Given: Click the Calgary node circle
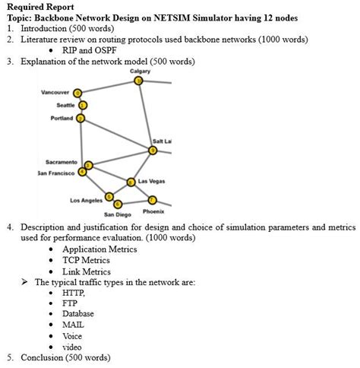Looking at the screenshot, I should point(138,80).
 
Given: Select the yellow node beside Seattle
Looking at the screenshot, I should point(83,106).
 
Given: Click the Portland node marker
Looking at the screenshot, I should point(81,119).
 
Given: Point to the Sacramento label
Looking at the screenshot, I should point(61,162).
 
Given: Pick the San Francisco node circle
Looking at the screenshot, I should point(83,172).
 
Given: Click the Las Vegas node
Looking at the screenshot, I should point(131,182).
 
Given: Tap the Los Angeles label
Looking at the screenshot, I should point(87,200).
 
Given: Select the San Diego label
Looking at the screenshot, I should point(118,215).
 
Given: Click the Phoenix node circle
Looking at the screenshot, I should point(152,199).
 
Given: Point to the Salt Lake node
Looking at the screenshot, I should point(153,151).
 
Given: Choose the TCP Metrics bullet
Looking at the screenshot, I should point(86,260).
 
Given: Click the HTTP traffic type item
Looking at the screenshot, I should point(74,292).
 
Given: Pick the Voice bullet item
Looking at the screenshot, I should point(73,335).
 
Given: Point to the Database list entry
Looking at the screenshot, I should point(79,313).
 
